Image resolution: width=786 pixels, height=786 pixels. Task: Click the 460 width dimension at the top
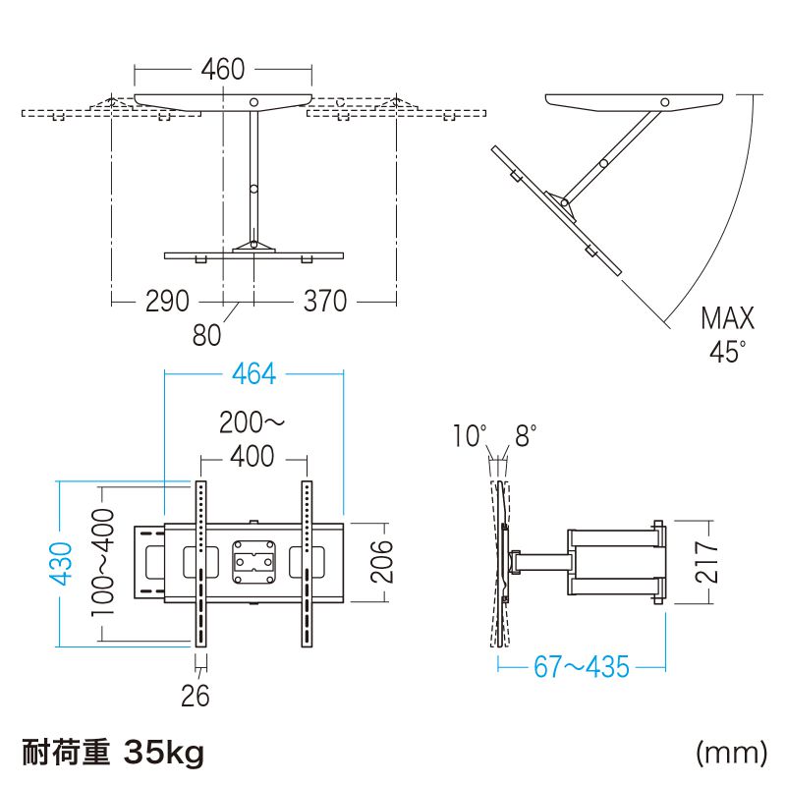223,69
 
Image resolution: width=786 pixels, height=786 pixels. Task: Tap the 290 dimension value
167,302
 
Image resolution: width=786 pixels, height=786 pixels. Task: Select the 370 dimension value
325,302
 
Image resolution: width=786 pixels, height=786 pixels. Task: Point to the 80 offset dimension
206,335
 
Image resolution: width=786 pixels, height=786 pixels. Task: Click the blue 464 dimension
254,374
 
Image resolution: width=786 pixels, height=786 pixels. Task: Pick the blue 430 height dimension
61,563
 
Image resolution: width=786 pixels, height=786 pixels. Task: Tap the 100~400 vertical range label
103,562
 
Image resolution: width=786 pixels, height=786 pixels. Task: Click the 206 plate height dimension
381,561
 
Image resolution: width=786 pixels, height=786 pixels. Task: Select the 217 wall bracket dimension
706,561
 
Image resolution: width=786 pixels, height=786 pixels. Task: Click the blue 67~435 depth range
582,667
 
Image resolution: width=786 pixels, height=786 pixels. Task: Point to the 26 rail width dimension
196,696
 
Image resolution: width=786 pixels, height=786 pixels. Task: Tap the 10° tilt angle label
470,435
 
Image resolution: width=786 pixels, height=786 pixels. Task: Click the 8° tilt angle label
526,435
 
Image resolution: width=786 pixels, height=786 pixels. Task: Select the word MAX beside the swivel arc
727,318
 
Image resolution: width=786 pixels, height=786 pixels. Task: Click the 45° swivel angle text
727,352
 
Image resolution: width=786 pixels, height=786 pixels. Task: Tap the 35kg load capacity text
164,753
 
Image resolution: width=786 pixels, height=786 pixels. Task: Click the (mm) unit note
731,753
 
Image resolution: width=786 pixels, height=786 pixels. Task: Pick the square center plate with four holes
254,562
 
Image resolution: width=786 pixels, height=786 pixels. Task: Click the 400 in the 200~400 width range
253,456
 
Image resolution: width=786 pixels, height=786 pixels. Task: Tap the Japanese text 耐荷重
66,753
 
